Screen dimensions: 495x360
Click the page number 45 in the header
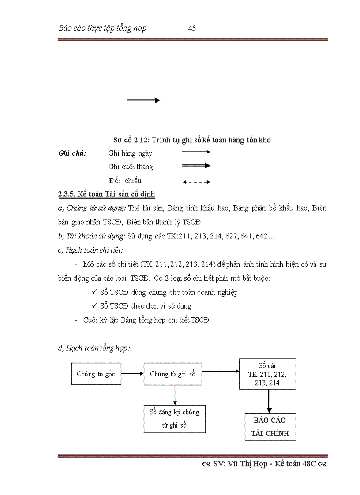point(192,28)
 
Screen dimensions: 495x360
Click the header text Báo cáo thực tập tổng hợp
point(102,29)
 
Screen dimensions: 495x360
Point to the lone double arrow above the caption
point(143,100)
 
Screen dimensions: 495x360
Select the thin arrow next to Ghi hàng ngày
point(196,152)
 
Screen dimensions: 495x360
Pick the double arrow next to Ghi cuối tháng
point(196,165)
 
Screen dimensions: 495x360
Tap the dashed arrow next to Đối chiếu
point(196,182)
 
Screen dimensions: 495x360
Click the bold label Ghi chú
point(72,153)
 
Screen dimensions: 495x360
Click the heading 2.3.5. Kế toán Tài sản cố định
point(106,194)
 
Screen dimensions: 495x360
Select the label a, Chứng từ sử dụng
point(92,208)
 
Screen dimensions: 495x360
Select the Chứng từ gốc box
point(96,374)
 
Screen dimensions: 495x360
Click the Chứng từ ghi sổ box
point(172,374)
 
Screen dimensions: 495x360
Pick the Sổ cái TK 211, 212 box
point(267,374)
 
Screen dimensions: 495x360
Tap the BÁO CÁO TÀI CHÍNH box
point(270,427)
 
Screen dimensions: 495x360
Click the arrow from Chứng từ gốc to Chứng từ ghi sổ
point(132,374)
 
